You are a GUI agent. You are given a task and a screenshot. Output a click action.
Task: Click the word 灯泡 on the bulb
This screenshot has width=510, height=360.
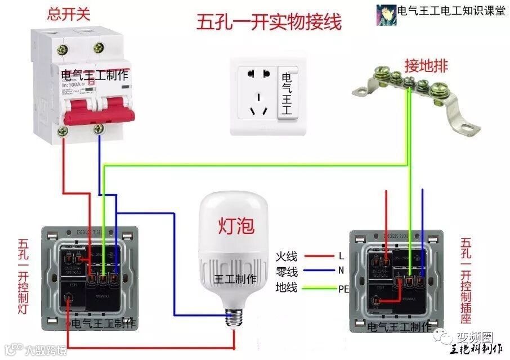coord(236,226)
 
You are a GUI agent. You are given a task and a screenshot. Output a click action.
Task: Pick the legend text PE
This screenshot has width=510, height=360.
coord(343,290)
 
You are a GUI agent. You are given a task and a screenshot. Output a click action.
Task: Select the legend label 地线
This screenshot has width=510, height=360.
coord(286,289)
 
